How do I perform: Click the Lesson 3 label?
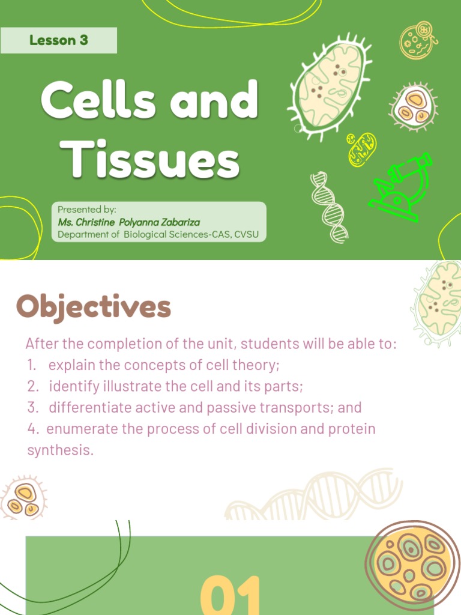[x=58, y=40]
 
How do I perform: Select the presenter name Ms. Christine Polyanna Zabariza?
[x=128, y=222]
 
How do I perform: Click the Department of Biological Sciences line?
[x=158, y=234]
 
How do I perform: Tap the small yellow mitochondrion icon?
[x=361, y=149]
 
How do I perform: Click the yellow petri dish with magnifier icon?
[x=417, y=40]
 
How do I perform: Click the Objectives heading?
[x=94, y=307]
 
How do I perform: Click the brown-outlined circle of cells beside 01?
[x=412, y=562]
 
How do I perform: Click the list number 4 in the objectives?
[x=31, y=429]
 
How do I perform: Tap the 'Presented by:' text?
[x=87, y=210]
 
